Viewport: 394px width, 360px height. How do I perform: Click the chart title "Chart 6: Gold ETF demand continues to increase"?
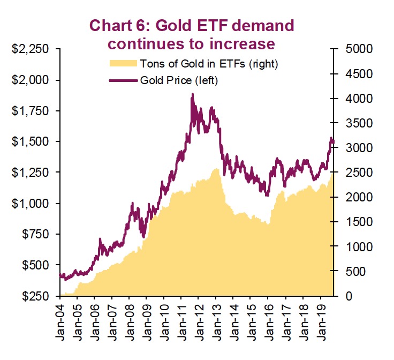pyautogui.click(x=192, y=33)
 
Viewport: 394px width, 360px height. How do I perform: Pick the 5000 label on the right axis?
pyautogui.click(x=357, y=49)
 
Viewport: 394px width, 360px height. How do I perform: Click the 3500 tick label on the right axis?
pyautogui.click(x=357, y=123)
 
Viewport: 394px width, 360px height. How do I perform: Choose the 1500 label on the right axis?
pyautogui.click(x=357, y=222)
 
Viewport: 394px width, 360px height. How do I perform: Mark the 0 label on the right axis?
pyautogui.click(x=347, y=296)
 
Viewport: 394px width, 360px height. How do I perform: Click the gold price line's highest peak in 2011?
pyautogui.click(x=192, y=94)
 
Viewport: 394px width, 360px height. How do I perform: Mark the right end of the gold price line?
pyautogui.click(x=334, y=142)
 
